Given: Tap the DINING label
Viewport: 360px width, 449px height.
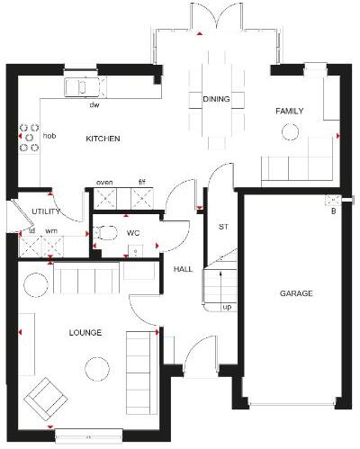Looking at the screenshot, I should (x=215, y=99).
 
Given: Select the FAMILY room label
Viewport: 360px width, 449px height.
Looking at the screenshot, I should (x=289, y=112).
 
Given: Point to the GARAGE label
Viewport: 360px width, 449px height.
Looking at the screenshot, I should (x=295, y=293).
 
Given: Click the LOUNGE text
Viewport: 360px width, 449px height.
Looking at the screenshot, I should (x=85, y=333).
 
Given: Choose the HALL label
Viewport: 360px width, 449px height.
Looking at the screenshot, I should (x=183, y=269).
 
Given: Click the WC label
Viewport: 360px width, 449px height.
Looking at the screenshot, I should (x=134, y=233).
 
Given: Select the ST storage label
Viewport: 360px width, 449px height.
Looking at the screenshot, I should (x=222, y=226).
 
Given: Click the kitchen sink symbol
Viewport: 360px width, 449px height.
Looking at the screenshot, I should (x=81, y=87).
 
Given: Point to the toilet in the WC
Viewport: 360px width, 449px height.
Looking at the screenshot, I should (x=104, y=233).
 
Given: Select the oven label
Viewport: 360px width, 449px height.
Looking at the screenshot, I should (x=104, y=182).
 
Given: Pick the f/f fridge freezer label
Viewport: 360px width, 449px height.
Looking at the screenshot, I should (x=141, y=182).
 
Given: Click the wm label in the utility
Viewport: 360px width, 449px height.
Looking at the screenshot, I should (x=51, y=231).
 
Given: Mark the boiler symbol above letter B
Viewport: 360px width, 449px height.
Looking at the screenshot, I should (x=334, y=202).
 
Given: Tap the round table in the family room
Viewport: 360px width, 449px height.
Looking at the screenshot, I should (x=289, y=133).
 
